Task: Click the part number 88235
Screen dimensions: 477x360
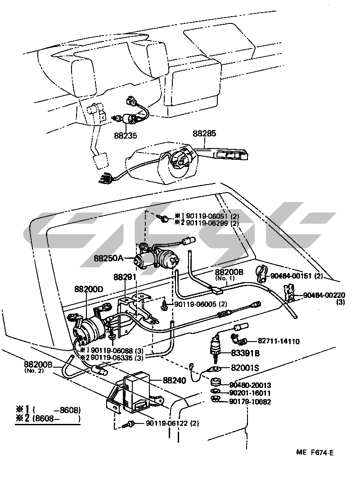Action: point(126,135)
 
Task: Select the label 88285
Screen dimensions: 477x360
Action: point(205,134)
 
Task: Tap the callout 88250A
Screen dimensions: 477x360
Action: point(108,258)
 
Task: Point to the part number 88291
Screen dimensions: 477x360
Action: point(125,278)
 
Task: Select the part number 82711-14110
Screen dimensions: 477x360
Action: point(279,342)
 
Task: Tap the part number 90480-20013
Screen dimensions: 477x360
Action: point(250,385)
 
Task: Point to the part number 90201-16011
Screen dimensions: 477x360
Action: point(250,393)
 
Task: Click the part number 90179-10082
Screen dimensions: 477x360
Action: point(250,401)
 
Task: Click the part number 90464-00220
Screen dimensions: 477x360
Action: point(324,295)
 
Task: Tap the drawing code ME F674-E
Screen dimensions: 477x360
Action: point(315,452)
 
